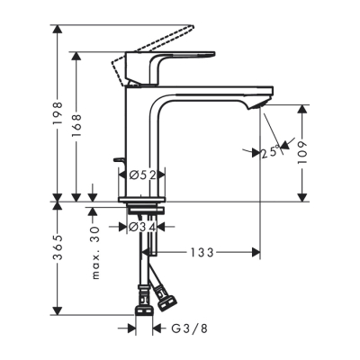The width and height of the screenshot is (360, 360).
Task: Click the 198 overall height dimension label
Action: click(x=57, y=113)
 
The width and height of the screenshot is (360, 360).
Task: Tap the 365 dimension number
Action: click(x=57, y=255)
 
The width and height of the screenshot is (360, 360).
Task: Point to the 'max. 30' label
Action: click(x=94, y=253)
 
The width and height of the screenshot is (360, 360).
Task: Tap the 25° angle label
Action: click(x=268, y=152)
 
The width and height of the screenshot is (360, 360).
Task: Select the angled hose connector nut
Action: click(x=165, y=292)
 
